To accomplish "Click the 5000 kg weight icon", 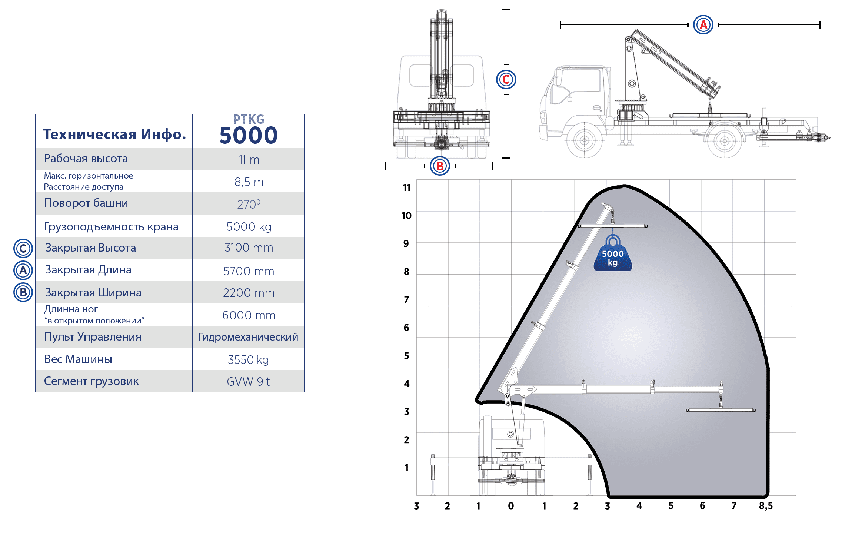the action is point(613,254).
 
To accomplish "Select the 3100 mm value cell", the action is point(249,248).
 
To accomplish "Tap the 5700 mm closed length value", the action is point(249,271).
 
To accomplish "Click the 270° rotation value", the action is point(249,204).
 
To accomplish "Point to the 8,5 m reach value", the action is point(249,182).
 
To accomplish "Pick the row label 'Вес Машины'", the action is point(78,359).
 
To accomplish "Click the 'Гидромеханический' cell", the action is point(248,337).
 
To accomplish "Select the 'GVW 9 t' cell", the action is point(248,381).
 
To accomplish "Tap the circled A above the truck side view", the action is point(703,25).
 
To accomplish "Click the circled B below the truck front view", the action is point(440,166).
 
